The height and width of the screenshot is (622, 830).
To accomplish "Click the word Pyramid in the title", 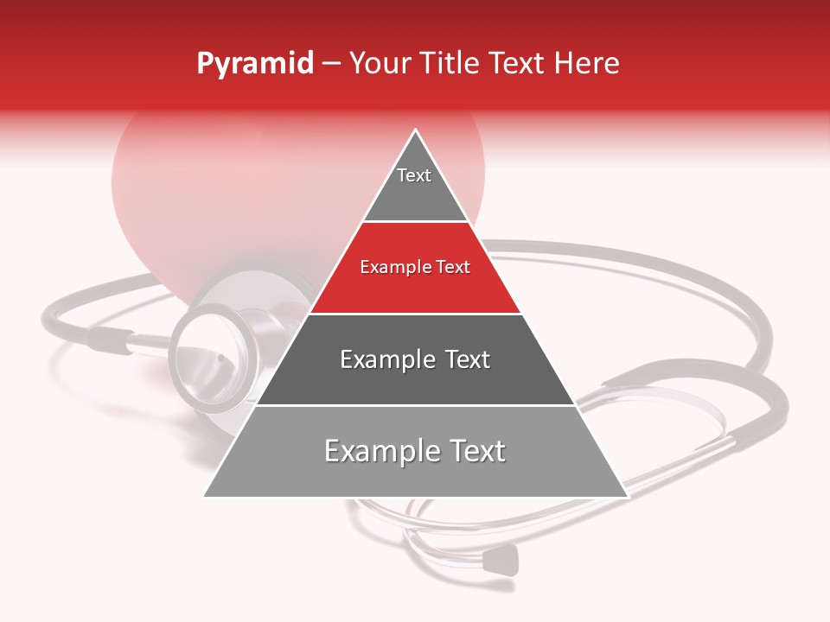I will pyautogui.click(x=254, y=64).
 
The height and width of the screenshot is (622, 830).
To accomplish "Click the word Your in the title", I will pyautogui.click(x=380, y=64).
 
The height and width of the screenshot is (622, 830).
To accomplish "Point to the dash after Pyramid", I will pyautogui.click(x=331, y=64).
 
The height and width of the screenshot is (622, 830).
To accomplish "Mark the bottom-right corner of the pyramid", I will pyautogui.click(x=626, y=496).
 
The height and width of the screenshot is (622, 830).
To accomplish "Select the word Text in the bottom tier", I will pyautogui.click(x=475, y=451).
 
